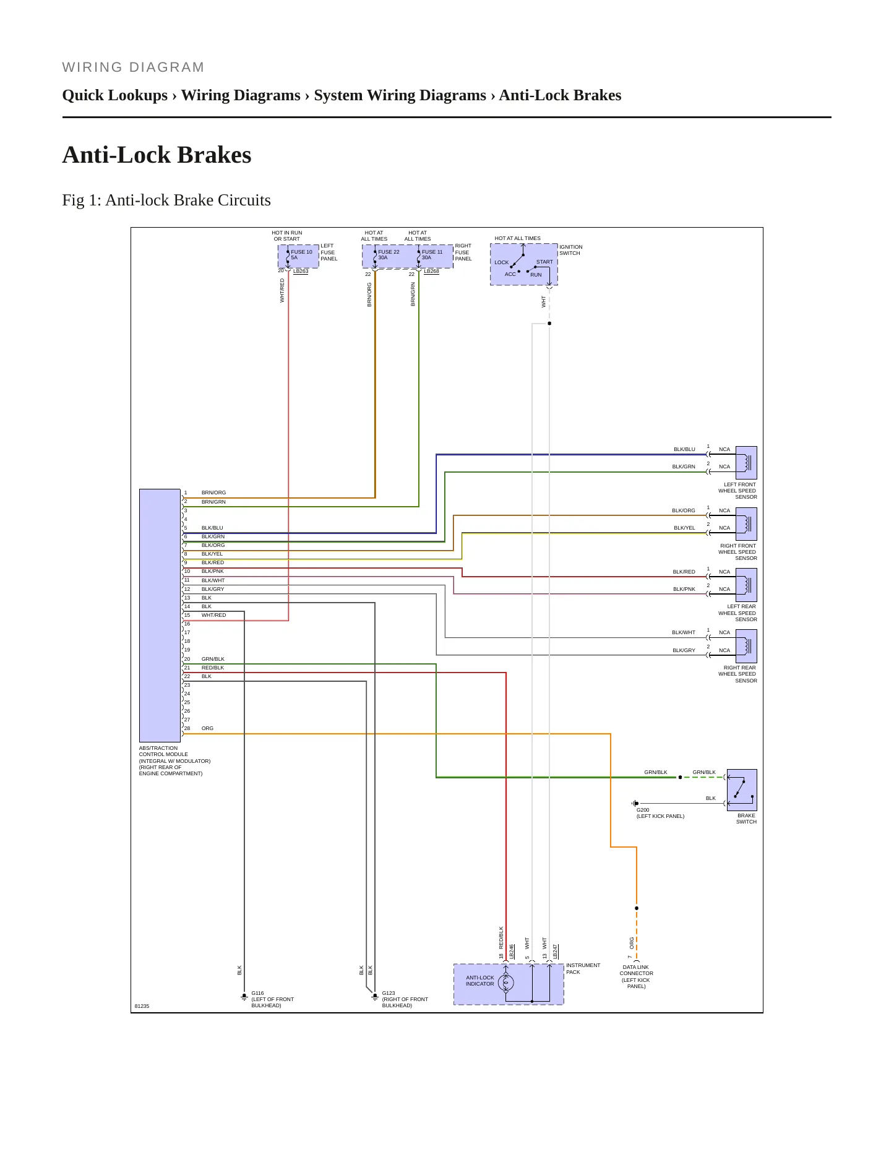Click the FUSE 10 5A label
coord(301,254)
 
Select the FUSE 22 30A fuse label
coord(389,254)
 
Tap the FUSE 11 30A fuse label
coord(432,254)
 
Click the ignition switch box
coord(524,264)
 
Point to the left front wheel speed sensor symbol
coord(746,463)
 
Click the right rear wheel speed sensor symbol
coord(746,646)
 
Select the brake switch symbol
coord(742,790)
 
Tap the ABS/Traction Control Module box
coord(160,616)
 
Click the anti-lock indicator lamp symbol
coord(506,983)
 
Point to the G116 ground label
coord(272,999)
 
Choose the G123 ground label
coord(405,999)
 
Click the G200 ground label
coord(660,813)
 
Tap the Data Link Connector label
coord(636,976)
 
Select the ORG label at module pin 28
coord(207,728)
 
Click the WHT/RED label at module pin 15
coord(213,615)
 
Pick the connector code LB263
coord(301,271)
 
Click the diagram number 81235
coord(142,1006)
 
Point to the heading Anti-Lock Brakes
coord(157,155)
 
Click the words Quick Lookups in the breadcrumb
coord(115,95)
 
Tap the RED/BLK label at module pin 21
coord(213,668)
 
